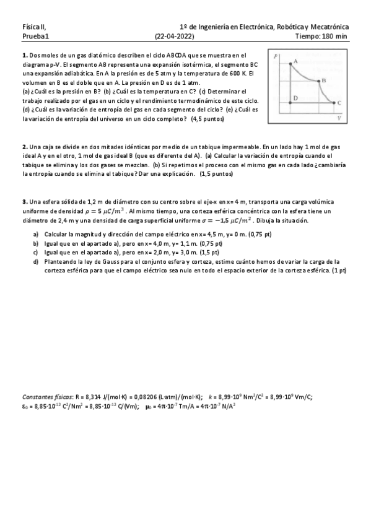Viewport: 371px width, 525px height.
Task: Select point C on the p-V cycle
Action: point(335,103)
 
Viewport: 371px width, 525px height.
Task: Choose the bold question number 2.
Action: point(24,147)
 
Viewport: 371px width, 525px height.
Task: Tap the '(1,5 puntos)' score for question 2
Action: point(216,175)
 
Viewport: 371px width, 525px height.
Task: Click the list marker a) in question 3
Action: point(36,234)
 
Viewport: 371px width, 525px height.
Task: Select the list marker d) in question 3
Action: point(36,262)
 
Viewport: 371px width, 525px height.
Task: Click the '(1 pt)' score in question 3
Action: point(339,271)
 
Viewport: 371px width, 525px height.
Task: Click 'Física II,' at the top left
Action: point(33,27)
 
